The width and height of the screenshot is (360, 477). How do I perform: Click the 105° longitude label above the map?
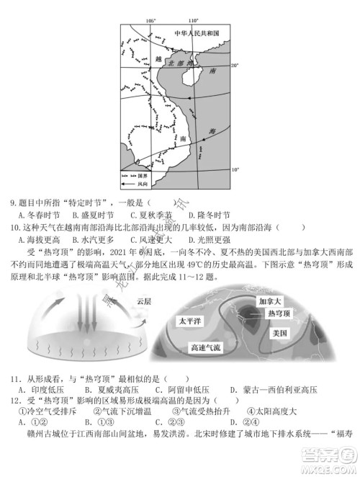tap(150, 21)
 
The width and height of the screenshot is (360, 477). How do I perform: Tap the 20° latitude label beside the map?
tap(233, 66)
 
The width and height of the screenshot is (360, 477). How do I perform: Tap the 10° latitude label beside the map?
tap(233, 169)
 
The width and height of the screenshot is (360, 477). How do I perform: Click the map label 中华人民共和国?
tap(196, 33)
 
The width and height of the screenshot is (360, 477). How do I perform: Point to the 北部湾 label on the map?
tap(176, 63)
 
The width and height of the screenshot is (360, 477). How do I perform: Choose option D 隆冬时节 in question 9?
tap(208, 215)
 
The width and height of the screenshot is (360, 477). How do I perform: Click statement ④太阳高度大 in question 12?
tap(274, 411)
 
